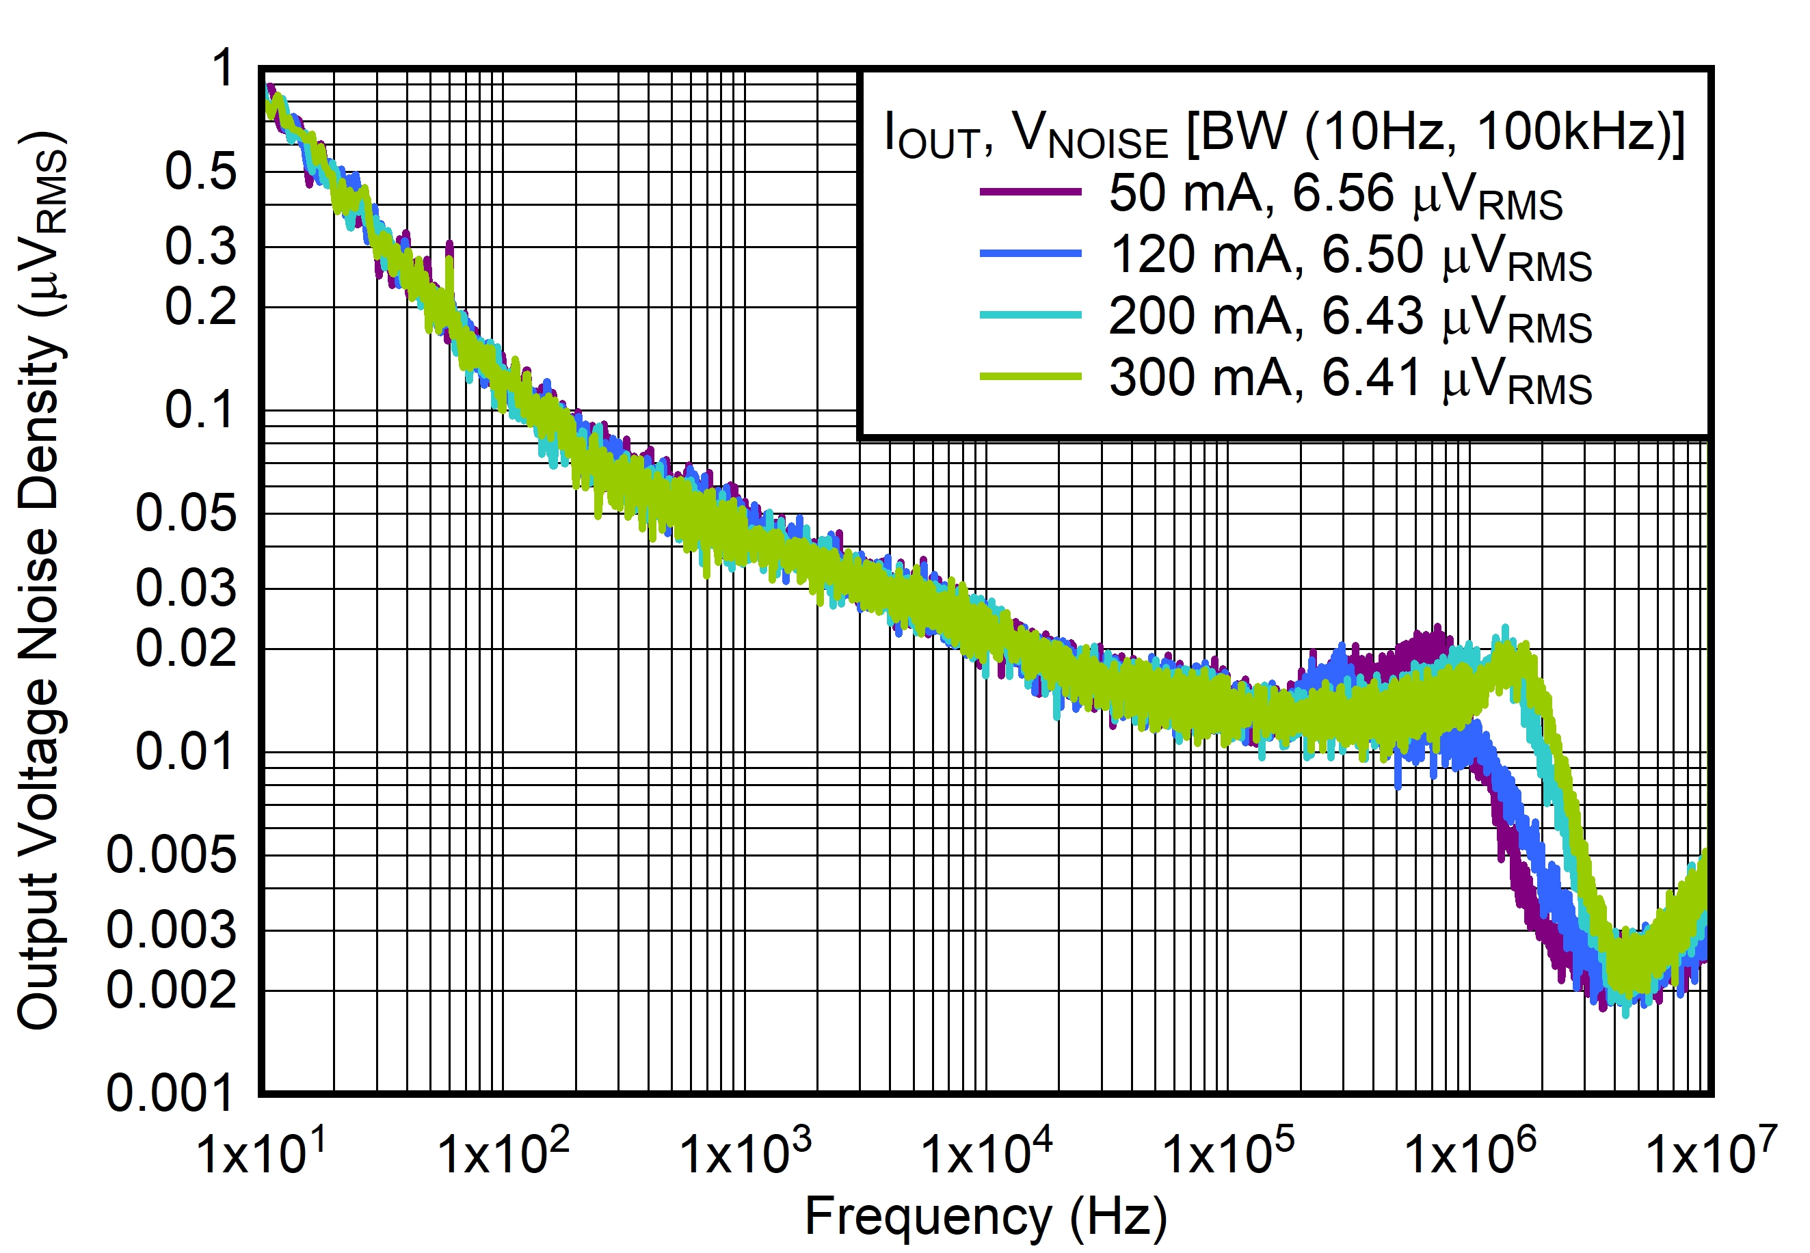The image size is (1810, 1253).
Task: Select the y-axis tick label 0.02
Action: click(x=185, y=649)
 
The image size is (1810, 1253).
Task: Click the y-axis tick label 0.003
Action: click(x=170, y=930)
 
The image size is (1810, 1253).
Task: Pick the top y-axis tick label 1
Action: click(x=224, y=68)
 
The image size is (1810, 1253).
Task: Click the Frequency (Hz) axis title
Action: click(x=985, y=1216)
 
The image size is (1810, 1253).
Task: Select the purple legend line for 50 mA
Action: click(x=1030, y=191)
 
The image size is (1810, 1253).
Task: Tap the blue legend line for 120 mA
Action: click(x=1030, y=253)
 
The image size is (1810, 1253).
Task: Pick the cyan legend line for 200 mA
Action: click(x=1030, y=315)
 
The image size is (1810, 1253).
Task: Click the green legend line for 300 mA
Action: click(x=1030, y=376)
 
